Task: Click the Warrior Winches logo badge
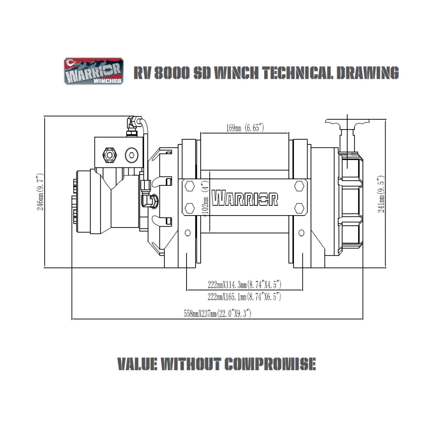tap(94, 71)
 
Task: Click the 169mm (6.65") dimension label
tap(245, 128)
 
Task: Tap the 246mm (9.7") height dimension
tap(40, 192)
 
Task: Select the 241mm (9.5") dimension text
tap(381, 194)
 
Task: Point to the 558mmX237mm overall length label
tap(217, 314)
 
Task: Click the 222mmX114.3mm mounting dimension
tap(245, 285)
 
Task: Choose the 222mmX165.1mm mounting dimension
tap(244, 296)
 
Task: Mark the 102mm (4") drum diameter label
tap(206, 199)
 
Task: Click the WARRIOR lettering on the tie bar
tap(245, 198)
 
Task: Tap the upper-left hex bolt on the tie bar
tap(190, 187)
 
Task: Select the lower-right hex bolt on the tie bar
tap(299, 208)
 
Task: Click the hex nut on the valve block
tap(109, 155)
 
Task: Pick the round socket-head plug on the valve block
tap(132, 155)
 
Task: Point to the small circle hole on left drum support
tap(187, 233)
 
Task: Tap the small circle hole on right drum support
tap(301, 233)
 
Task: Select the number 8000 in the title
tap(172, 73)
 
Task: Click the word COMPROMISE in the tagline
tap(271, 364)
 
